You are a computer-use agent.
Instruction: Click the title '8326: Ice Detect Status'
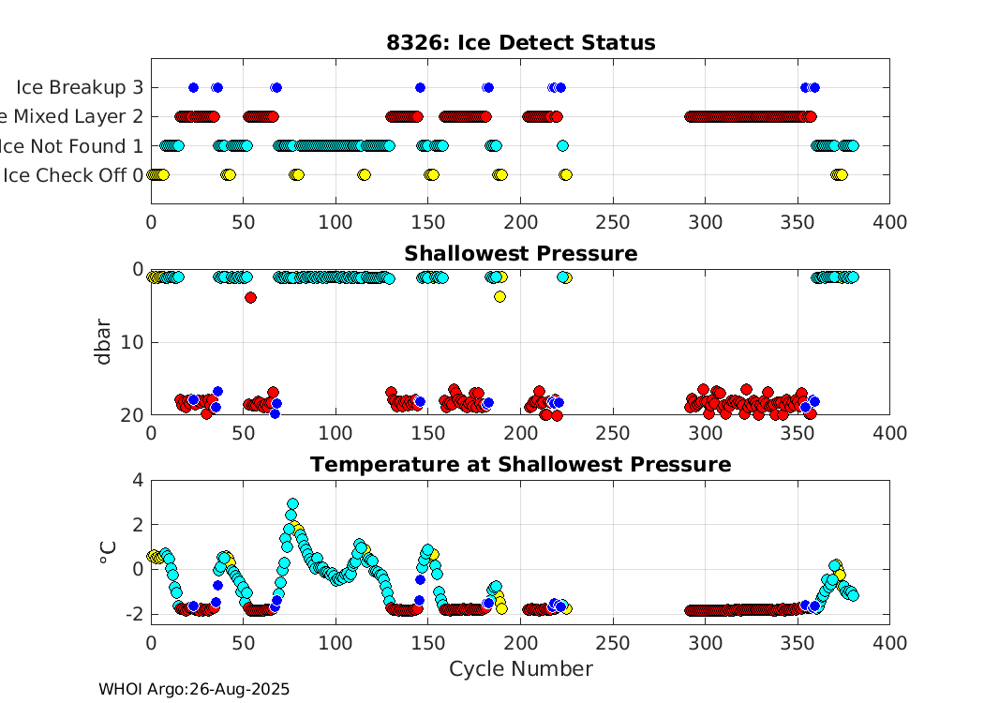(x=520, y=43)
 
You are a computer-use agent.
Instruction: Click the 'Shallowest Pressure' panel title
(x=520, y=254)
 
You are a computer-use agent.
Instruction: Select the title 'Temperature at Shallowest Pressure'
(x=520, y=465)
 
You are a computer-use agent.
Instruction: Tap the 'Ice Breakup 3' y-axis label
(x=80, y=87)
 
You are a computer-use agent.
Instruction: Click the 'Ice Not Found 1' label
(x=73, y=145)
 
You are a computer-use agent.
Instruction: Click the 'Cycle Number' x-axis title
(x=520, y=669)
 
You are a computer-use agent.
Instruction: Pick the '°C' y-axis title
(x=108, y=552)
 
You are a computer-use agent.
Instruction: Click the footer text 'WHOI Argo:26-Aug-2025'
(x=194, y=689)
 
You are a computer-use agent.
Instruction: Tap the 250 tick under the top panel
(x=613, y=222)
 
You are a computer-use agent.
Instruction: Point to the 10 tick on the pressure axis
(x=133, y=342)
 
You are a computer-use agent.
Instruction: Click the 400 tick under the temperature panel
(x=888, y=643)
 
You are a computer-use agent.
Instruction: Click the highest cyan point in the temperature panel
(x=292, y=504)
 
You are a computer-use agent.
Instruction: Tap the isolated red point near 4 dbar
(x=250, y=297)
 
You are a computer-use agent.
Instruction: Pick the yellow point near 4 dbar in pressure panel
(x=499, y=296)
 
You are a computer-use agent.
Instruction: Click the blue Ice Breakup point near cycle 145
(x=420, y=87)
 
